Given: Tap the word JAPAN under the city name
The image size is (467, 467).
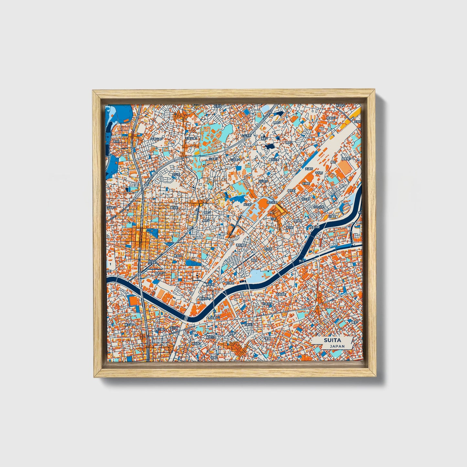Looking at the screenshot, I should pos(337,346).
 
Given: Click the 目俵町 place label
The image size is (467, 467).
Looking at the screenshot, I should pos(306,183).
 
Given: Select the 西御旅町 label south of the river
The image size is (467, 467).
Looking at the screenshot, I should pos(280,294).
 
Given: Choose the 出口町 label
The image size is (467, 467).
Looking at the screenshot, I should pos(247,204).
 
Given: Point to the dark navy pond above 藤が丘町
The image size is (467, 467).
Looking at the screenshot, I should pos(269,146).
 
